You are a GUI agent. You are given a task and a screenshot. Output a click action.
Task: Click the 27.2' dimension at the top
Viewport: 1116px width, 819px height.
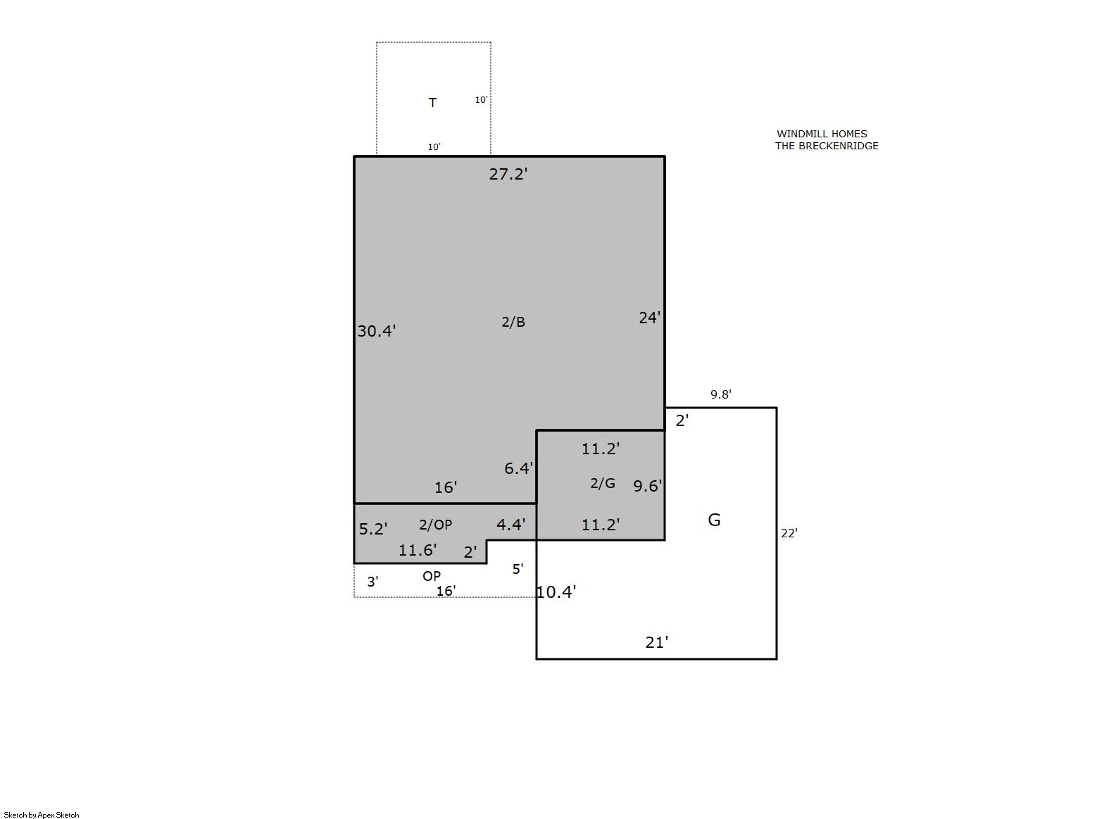(x=508, y=175)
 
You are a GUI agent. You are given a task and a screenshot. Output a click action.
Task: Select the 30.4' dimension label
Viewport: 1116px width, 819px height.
(x=376, y=331)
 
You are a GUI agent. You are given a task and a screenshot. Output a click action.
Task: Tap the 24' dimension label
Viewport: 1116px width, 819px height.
(x=650, y=318)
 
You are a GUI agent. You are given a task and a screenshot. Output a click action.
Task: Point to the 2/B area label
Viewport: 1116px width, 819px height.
(x=513, y=322)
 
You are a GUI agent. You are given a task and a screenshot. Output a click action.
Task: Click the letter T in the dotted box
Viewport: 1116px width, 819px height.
(x=432, y=103)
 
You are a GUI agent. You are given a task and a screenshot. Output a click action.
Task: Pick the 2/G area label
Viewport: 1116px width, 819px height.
(x=602, y=483)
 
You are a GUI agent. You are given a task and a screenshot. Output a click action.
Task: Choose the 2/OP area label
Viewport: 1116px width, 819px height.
(x=435, y=525)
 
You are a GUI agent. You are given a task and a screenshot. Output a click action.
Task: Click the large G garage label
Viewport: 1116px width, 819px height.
(x=714, y=520)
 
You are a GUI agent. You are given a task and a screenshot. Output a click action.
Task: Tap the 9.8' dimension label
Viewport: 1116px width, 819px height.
(x=720, y=394)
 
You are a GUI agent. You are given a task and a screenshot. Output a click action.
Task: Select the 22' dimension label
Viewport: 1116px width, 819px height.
(x=789, y=534)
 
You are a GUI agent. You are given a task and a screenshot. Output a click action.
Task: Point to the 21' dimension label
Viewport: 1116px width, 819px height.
(x=657, y=643)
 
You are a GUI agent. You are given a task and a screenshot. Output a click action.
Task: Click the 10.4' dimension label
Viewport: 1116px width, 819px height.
(x=556, y=592)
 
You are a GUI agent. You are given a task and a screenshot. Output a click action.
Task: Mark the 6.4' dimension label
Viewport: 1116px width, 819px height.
(x=519, y=468)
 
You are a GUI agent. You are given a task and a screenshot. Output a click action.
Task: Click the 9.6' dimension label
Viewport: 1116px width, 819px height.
(x=648, y=486)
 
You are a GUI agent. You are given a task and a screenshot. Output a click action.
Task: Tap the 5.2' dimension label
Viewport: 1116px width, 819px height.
(x=373, y=529)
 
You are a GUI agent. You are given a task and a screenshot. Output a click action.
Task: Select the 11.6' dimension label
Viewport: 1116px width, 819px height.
(x=418, y=550)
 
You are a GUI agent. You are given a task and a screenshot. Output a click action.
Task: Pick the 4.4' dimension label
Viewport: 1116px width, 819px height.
(x=510, y=525)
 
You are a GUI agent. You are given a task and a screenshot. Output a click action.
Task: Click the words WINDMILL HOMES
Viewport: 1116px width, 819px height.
(x=822, y=134)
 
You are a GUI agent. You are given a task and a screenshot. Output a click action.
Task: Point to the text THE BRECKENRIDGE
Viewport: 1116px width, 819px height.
(x=827, y=146)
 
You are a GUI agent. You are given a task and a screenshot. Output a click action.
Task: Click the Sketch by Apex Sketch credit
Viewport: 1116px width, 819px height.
(x=42, y=815)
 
